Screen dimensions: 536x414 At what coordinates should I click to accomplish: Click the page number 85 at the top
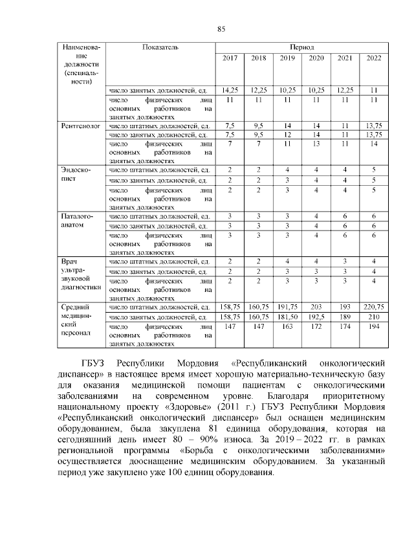click(x=220, y=28)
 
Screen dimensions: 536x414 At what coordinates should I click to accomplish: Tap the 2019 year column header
click(x=287, y=59)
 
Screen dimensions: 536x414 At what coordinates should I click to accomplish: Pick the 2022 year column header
click(x=373, y=59)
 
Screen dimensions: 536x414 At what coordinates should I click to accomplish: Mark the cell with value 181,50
click(x=287, y=317)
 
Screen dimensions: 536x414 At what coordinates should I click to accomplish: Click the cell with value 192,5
click(x=316, y=317)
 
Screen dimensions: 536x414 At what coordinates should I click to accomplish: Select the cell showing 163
click(x=287, y=329)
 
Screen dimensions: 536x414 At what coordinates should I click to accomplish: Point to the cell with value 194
click(x=373, y=329)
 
